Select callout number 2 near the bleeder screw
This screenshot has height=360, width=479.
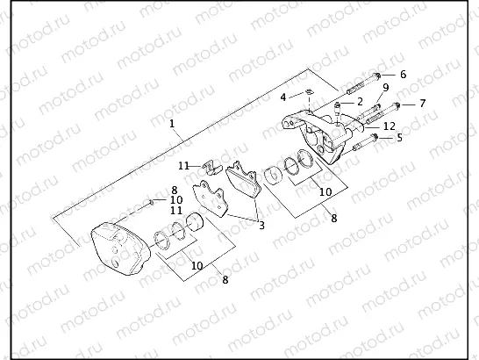(x=360, y=102)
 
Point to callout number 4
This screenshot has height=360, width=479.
(x=282, y=97)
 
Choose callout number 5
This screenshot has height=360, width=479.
(x=399, y=138)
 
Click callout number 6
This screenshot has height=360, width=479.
(x=403, y=75)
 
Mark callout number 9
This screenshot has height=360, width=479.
(x=385, y=88)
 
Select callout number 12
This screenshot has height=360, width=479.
(x=389, y=126)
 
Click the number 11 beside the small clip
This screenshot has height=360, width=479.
(x=183, y=165)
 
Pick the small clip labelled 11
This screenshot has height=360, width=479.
(x=211, y=167)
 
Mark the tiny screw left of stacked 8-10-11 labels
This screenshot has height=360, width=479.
(x=153, y=201)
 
